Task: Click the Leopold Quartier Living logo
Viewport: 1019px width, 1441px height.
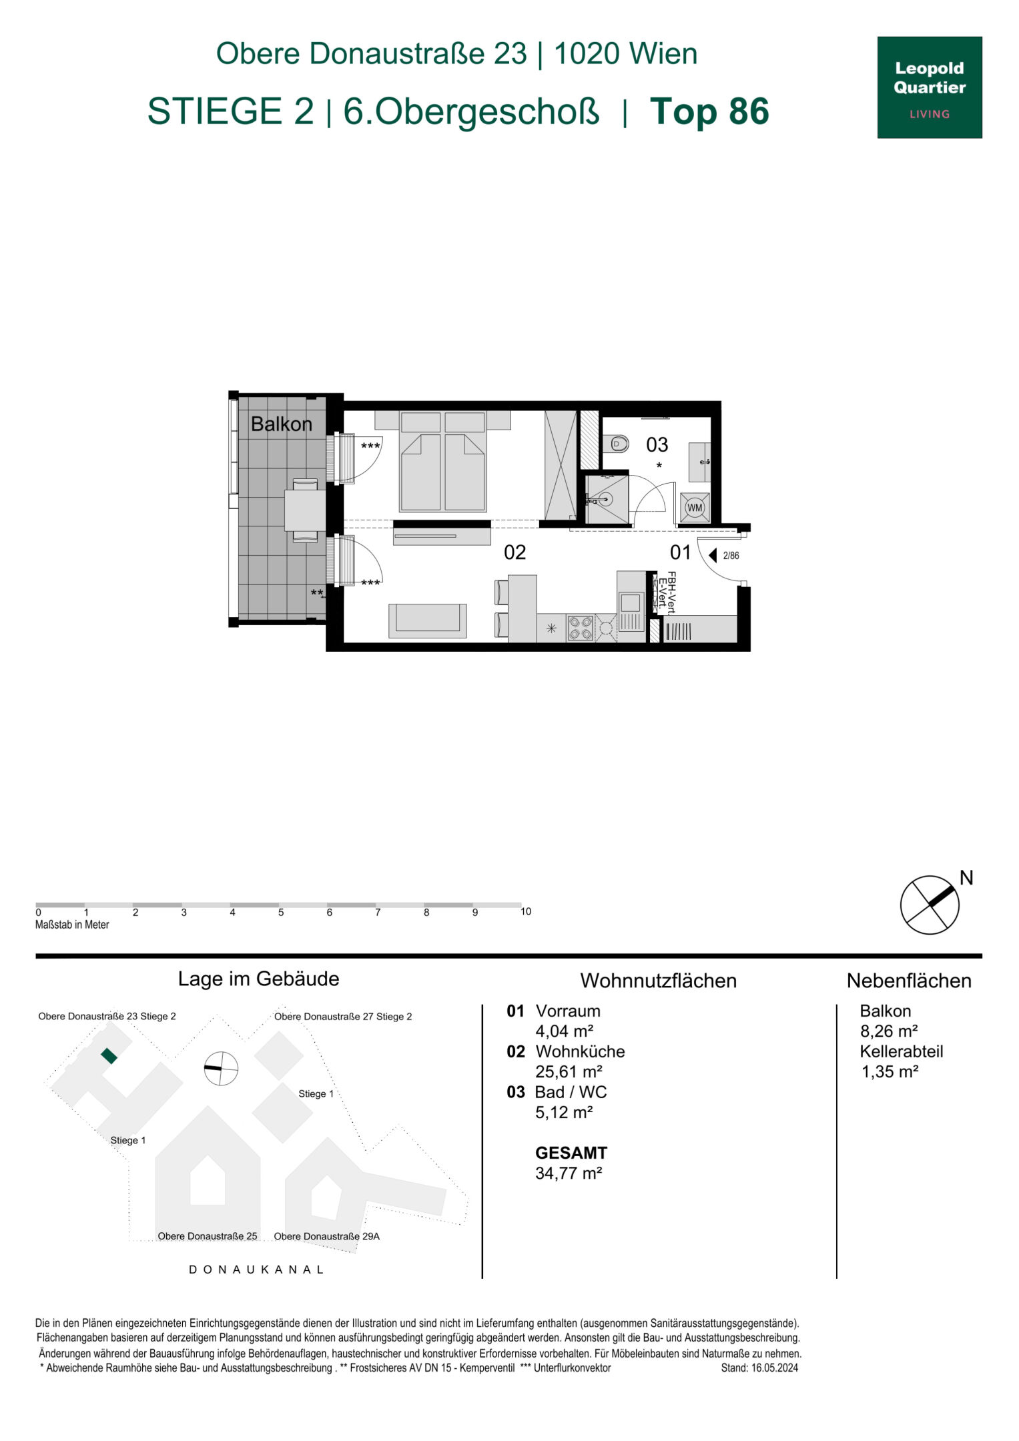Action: pyautogui.click(x=929, y=87)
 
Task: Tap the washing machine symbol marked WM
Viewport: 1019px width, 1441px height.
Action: pyautogui.click(x=695, y=508)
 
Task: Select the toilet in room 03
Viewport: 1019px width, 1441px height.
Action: pyautogui.click(x=619, y=443)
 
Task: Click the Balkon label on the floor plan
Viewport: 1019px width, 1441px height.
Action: pyautogui.click(x=281, y=424)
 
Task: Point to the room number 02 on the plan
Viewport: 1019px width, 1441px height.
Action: pyautogui.click(x=515, y=552)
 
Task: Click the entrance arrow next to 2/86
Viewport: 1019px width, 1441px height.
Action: pyautogui.click(x=713, y=555)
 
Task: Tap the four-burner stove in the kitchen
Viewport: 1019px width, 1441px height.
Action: pyautogui.click(x=580, y=628)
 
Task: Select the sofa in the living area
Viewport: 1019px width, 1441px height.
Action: pyautogui.click(x=428, y=620)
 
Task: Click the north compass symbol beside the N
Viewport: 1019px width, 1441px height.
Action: pyautogui.click(x=930, y=905)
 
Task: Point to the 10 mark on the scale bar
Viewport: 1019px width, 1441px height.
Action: pyautogui.click(x=526, y=912)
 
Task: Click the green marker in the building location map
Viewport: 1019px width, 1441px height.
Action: pyautogui.click(x=109, y=1055)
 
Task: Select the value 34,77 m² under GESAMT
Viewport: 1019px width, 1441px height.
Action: pyautogui.click(x=569, y=1173)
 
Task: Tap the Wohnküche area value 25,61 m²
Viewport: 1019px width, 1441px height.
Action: pyautogui.click(x=569, y=1071)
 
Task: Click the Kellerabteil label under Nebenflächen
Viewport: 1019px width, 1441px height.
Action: pyautogui.click(x=901, y=1051)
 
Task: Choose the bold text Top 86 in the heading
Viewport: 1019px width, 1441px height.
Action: pyautogui.click(x=709, y=111)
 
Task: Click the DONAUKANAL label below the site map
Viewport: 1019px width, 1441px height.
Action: pyautogui.click(x=257, y=1270)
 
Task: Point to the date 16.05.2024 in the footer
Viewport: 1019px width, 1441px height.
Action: pyautogui.click(x=774, y=1368)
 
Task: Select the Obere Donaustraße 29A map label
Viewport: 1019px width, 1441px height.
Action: pyautogui.click(x=326, y=1236)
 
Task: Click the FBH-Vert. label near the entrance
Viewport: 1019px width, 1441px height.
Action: pyautogui.click(x=672, y=592)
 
